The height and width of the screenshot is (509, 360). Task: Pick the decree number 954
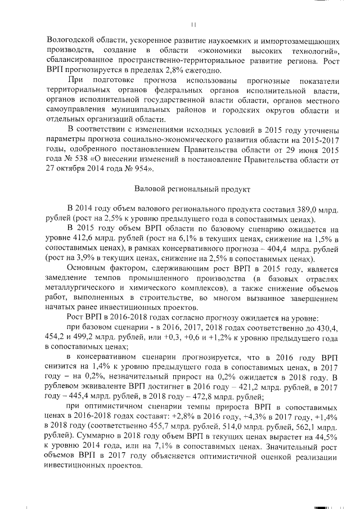click(143, 168)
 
